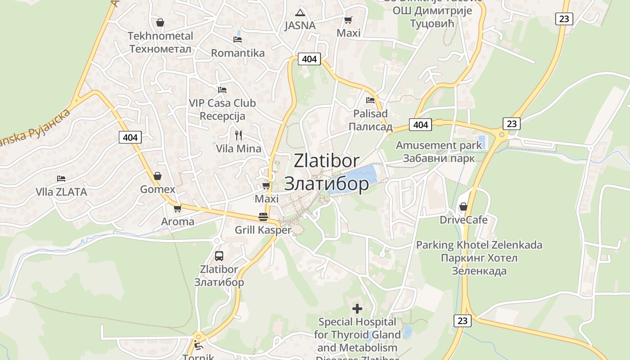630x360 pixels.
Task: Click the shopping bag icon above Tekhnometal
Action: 160,22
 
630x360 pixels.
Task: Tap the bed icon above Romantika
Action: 238,40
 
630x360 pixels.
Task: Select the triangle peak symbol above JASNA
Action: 300,12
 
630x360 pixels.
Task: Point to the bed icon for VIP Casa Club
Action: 222,90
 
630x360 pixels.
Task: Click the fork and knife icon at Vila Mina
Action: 238,135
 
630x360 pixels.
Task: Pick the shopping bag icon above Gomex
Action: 157,175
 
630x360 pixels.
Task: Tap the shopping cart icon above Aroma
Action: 177,208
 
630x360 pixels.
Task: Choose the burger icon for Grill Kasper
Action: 263,217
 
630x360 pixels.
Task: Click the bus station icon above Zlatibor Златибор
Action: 219,256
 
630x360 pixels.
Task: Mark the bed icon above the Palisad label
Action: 370,100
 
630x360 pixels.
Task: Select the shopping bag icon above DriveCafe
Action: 463,207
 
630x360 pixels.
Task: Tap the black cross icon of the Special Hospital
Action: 357,309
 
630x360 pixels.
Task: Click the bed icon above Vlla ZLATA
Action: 61,179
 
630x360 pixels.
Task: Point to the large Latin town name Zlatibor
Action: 327,161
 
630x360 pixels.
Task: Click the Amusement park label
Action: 438,145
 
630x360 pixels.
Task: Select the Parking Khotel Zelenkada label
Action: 479,245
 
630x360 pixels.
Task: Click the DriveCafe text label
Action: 463,220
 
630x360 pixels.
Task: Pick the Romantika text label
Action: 238,53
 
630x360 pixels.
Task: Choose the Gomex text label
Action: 157,189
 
